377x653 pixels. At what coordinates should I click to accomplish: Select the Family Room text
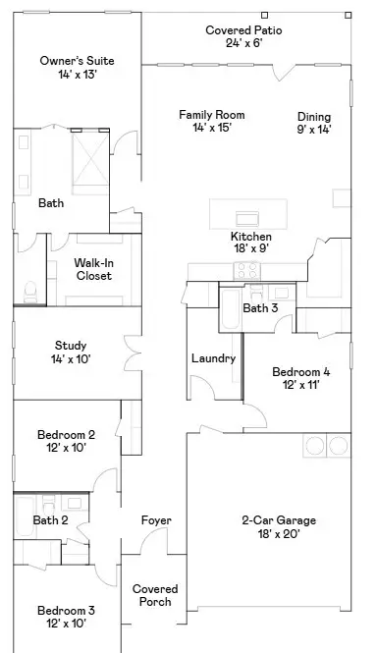click(211, 122)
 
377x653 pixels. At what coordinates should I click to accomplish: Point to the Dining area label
click(314, 123)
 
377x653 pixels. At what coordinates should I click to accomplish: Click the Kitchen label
click(250, 243)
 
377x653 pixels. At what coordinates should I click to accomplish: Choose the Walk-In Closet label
click(94, 269)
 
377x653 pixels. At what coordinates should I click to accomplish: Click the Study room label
click(71, 353)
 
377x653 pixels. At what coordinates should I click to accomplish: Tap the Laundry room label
click(213, 358)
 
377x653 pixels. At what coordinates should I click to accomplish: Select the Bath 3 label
click(260, 308)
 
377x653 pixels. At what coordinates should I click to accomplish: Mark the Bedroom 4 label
click(300, 378)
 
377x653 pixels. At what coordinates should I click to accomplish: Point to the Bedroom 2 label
click(66, 440)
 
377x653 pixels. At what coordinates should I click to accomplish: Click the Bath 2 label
click(50, 520)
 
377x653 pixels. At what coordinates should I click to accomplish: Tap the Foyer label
click(156, 520)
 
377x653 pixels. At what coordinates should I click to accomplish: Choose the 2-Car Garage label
click(271, 527)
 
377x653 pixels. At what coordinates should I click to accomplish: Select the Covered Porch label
click(155, 596)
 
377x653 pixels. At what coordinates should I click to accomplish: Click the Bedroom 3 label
click(66, 617)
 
